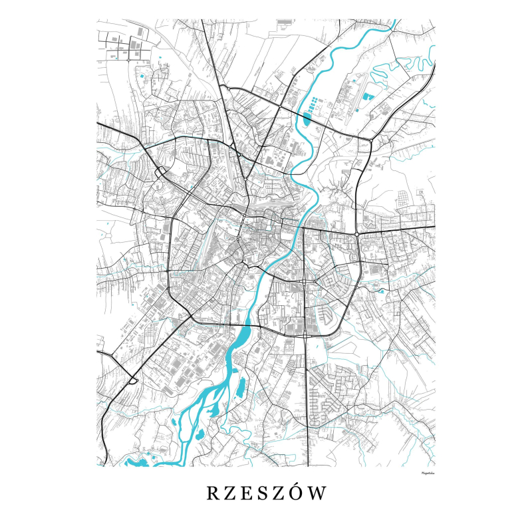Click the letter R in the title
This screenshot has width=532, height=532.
click(211, 493)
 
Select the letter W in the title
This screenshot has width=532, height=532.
click(319, 493)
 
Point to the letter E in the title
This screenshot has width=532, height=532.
click(246, 493)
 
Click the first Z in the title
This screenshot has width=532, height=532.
click(229, 493)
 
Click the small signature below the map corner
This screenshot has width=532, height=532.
click(423, 473)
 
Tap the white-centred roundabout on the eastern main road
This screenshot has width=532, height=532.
click(358, 233)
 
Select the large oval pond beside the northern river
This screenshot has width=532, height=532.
click(306, 120)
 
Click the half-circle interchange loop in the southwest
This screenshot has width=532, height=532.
click(133, 380)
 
